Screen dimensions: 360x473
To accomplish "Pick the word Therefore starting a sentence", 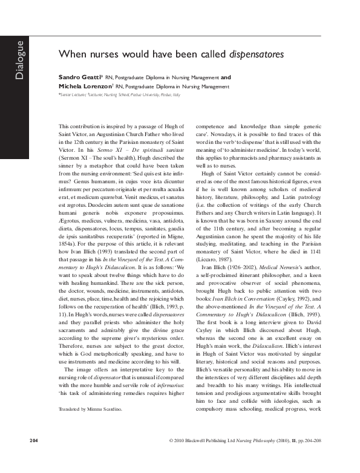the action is (70, 305).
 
